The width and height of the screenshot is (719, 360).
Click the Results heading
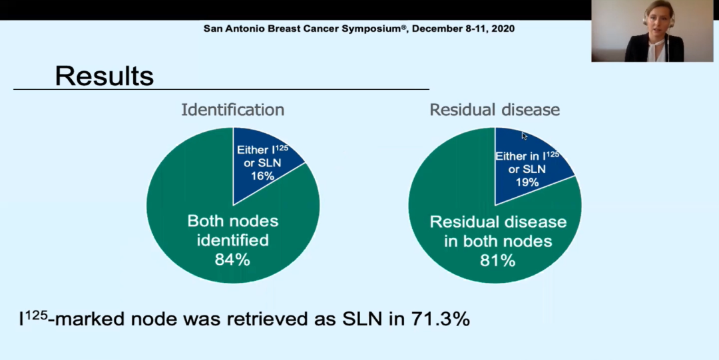coord(104,76)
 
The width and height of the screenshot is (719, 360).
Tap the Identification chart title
coord(232,110)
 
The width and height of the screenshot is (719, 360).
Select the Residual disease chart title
coord(494,110)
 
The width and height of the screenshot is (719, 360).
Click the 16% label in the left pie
coord(262,176)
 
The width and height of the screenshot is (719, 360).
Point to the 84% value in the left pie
coord(232,260)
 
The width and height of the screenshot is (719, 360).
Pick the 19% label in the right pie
coord(527,181)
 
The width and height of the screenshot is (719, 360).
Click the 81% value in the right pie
coord(497,260)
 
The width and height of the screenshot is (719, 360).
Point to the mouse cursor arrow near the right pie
coord(524,136)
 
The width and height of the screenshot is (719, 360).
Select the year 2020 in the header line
coord(503,29)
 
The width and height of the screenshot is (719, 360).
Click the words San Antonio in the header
coord(233,29)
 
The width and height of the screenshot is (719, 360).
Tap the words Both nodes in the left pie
coord(232,221)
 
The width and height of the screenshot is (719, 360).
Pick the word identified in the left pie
coord(232,240)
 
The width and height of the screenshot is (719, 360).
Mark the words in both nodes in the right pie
coord(498,241)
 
